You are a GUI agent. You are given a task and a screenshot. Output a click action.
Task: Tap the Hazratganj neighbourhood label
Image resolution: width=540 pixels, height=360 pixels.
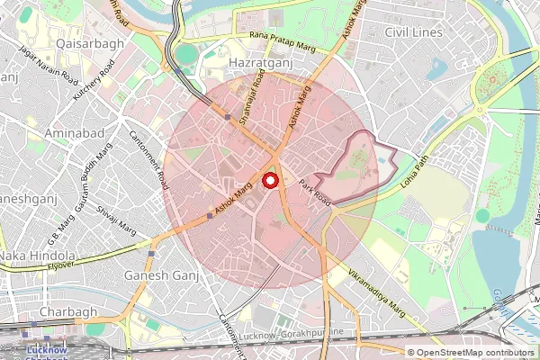pyautogui.click(x=263, y=64)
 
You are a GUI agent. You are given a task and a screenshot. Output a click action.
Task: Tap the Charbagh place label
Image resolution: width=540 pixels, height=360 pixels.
pyautogui.click(x=60, y=311)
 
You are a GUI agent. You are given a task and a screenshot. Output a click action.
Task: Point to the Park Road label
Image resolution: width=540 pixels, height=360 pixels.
pyautogui.click(x=316, y=193)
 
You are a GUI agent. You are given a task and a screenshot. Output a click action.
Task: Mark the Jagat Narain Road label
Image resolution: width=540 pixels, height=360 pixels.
pyautogui.click(x=55, y=69)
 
